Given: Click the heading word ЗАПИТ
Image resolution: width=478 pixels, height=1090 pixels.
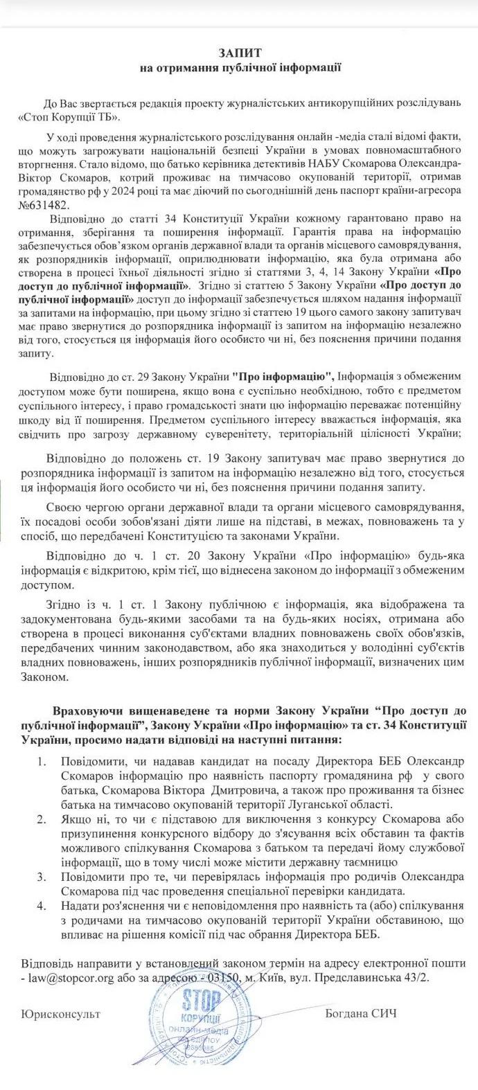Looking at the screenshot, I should pyautogui.click(x=239, y=53).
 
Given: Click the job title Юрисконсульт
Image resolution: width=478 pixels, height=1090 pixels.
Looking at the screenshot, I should pyautogui.click(x=61, y=1014).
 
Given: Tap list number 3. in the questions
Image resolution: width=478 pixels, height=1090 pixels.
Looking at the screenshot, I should pyautogui.click(x=42, y=877).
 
